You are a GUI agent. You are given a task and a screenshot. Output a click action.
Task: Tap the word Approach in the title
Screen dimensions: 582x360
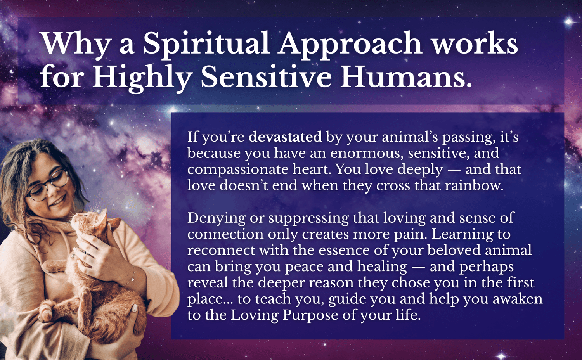click(350, 44)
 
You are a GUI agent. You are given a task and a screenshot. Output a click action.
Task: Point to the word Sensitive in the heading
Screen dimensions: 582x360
click(266, 77)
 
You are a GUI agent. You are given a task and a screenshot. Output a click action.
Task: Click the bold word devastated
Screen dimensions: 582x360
click(285, 137)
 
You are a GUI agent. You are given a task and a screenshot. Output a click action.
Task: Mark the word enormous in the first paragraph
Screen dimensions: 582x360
click(367, 154)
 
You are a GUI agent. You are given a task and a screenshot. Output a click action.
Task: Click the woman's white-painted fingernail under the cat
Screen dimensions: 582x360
click(134, 308)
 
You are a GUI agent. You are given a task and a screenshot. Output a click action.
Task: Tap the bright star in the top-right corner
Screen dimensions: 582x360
click(569, 22)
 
